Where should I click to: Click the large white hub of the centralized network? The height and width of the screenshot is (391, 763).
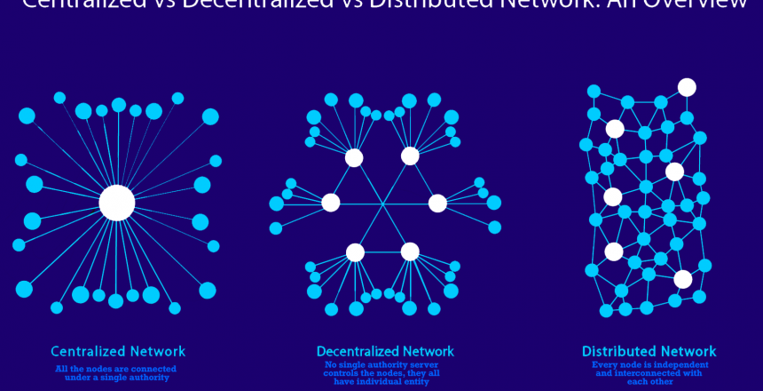click(117, 203)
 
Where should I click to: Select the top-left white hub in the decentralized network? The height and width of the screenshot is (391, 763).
click(354, 158)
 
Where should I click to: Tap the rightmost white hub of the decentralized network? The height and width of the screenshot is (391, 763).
click(437, 203)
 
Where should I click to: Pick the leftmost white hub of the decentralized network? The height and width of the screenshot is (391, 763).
click(331, 203)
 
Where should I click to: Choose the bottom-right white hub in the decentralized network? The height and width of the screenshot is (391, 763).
click(410, 251)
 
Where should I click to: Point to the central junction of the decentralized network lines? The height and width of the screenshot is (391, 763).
click(383, 204)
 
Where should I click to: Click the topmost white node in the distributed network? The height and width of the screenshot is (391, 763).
click(687, 87)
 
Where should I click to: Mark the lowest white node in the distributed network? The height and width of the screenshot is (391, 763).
click(682, 279)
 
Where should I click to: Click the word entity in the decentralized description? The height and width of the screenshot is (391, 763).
click(425, 382)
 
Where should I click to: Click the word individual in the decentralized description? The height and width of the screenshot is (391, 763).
click(383, 382)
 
